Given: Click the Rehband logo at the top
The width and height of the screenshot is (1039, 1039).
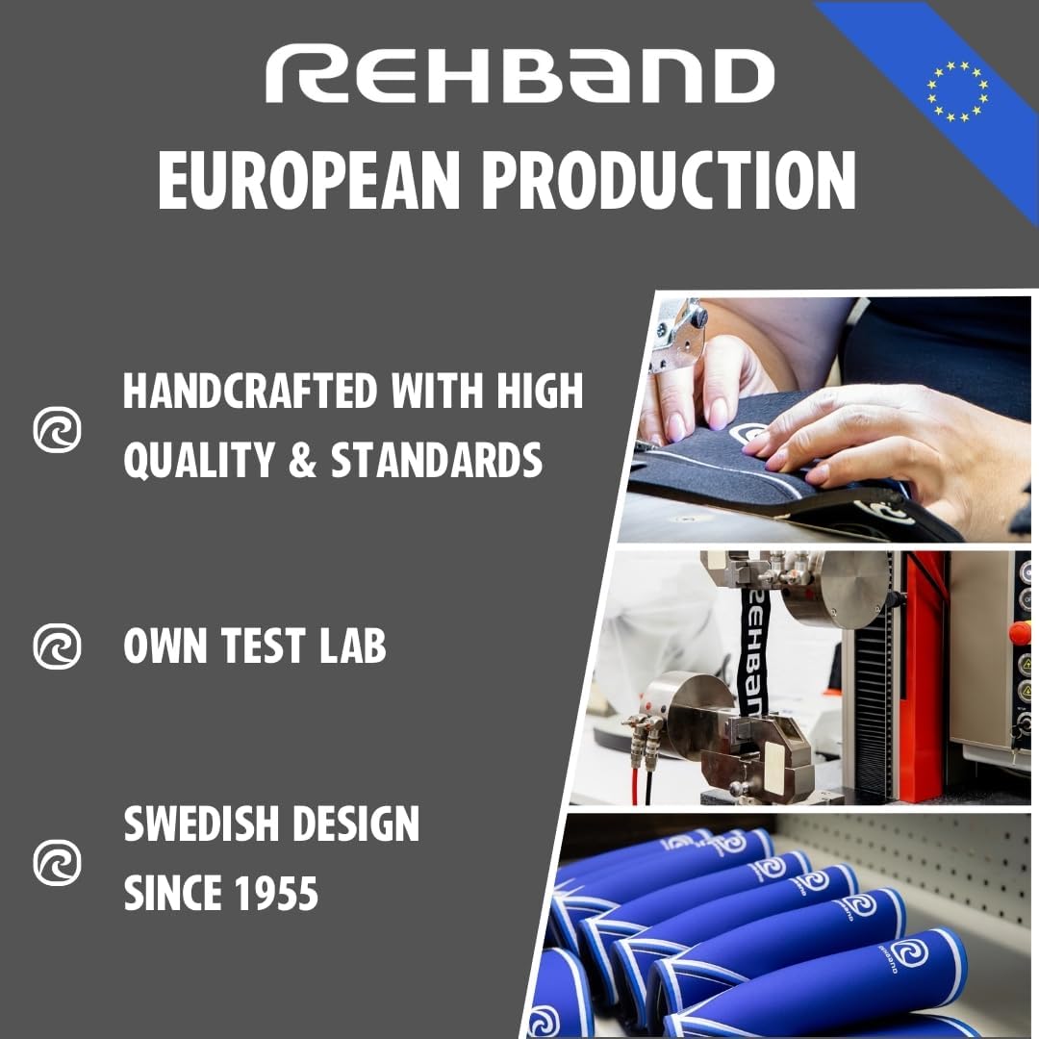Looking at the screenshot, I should [519, 76].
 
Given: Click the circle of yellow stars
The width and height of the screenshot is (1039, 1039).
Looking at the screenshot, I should [957, 91].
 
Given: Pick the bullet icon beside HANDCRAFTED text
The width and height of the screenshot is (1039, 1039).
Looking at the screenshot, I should [58, 429].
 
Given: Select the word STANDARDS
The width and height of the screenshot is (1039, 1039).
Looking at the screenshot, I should [437, 461].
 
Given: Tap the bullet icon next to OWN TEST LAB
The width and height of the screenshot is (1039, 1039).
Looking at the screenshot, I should [58, 646].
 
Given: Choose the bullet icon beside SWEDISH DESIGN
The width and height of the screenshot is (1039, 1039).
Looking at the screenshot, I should [58, 862].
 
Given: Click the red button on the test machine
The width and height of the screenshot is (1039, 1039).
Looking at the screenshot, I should [1023, 633].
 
